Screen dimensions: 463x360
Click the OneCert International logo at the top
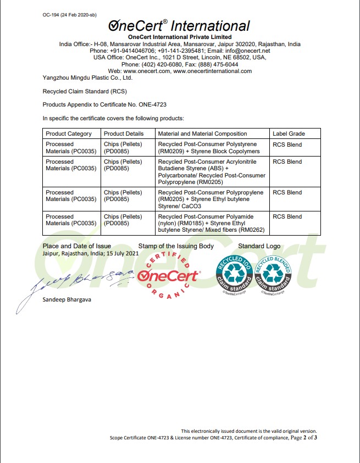click(x=179, y=26)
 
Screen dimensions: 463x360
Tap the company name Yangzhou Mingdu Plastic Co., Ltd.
click(x=87, y=77)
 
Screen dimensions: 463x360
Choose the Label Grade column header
click(x=289, y=133)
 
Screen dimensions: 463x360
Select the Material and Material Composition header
click(x=202, y=133)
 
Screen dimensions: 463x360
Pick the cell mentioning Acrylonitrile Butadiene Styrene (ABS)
click(x=212, y=172)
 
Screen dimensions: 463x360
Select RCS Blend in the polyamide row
click(x=287, y=216)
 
